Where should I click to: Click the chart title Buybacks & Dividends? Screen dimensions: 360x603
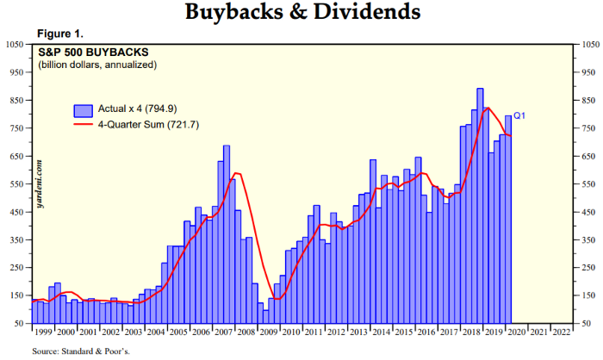coord(301,13)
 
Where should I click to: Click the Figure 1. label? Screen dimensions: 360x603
coord(60,34)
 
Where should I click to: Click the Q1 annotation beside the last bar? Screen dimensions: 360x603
coord(519,116)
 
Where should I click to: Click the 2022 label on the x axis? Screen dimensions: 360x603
coord(561,332)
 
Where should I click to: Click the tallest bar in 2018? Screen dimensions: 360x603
coord(480,207)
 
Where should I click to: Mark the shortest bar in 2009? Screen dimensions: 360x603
coord(265,316)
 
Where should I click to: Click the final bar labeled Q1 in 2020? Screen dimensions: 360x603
coord(508,220)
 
